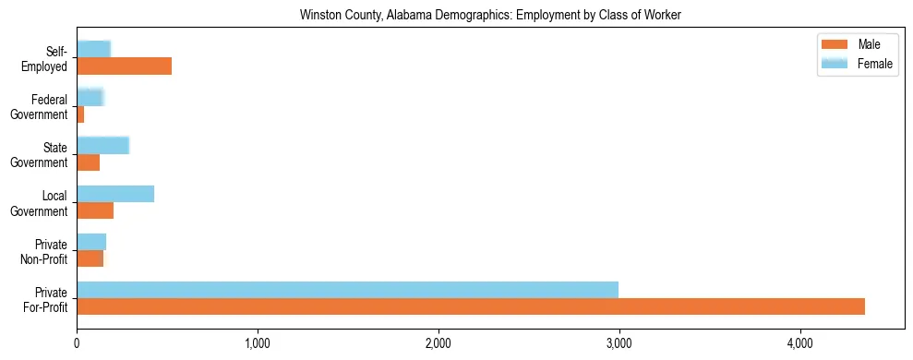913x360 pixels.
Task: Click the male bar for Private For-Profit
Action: pos(471,306)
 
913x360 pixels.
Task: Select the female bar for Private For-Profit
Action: pos(347,290)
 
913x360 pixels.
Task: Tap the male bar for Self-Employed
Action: pos(124,66)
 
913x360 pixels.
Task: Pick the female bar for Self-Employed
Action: pos(93,49)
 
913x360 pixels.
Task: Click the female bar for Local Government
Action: pos(115,194)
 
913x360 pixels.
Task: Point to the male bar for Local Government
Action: pos(95,210)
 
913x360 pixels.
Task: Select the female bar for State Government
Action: pos(102,145)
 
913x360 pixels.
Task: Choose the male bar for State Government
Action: pos(88,162)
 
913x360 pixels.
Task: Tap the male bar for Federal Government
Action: pos(80,114)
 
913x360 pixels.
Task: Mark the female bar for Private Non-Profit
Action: pos(91,242)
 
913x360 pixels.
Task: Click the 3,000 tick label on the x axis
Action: pos(619,344)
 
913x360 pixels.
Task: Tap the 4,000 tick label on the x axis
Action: pos(800,344)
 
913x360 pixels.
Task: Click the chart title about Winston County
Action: pos(490,16)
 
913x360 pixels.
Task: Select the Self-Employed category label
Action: pos(49,58)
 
